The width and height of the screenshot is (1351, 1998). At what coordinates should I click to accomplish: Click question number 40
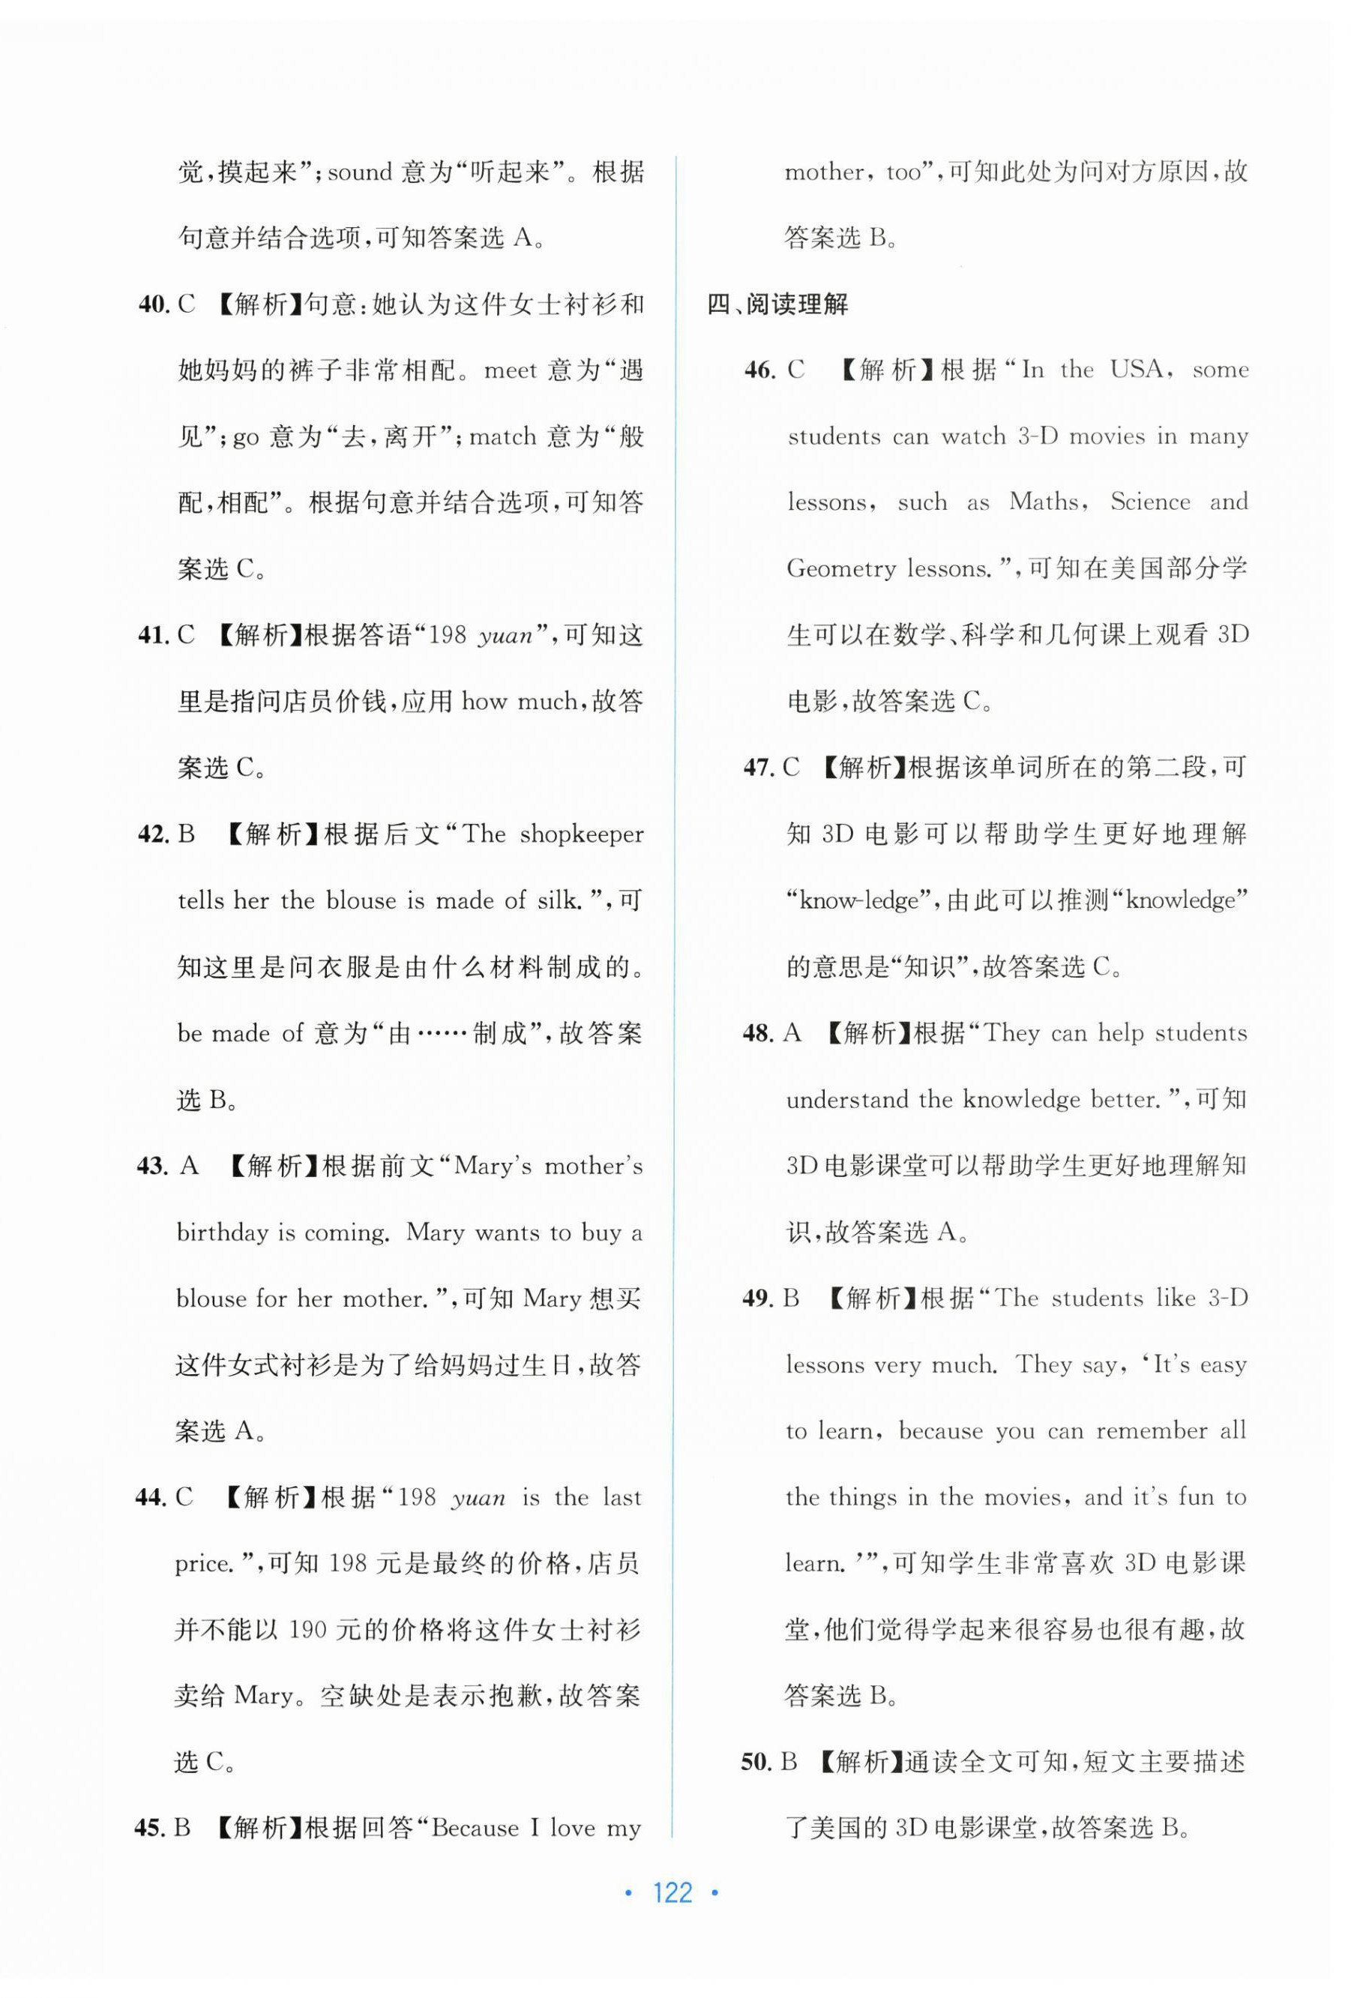click(154, 304)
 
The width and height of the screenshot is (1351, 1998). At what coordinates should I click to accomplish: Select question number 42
click(154, 834)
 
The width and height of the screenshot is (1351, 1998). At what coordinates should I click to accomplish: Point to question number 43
click(154, 1166)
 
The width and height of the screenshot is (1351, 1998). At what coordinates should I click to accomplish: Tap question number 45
click(151, 1828)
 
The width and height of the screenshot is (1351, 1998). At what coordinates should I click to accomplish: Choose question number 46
click(760, 370)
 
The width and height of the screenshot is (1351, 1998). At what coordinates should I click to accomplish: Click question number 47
click(759, 768)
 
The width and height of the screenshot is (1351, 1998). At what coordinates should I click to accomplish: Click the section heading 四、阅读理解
click(777, 304)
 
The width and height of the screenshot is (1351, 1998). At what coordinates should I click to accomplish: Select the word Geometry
click(840, 569)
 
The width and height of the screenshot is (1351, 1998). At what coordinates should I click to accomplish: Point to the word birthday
click(222, 1232)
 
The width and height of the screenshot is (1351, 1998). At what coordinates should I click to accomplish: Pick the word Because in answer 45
click(475, 1828)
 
